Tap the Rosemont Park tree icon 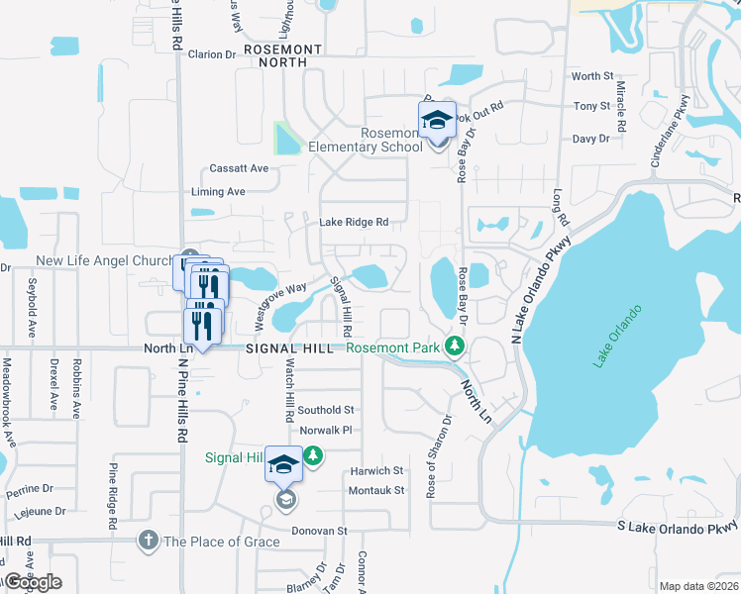455,346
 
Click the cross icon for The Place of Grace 149,541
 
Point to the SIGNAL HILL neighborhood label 291,347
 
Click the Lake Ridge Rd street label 354,223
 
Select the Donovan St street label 319,532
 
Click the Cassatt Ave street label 239,168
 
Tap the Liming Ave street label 217,192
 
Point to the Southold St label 326,410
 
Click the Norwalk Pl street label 326,431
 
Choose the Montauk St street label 375,490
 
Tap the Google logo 33,582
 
